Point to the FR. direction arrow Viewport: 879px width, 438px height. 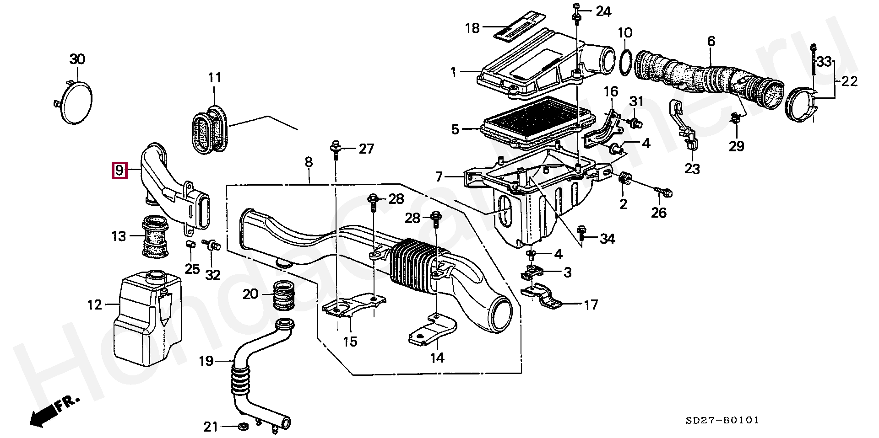tap(54, 410)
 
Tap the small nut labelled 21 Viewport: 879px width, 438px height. tap(244, 427)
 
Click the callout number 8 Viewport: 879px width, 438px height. tap(309, 162)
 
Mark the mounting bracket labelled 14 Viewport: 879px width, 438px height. tap(432, 330)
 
